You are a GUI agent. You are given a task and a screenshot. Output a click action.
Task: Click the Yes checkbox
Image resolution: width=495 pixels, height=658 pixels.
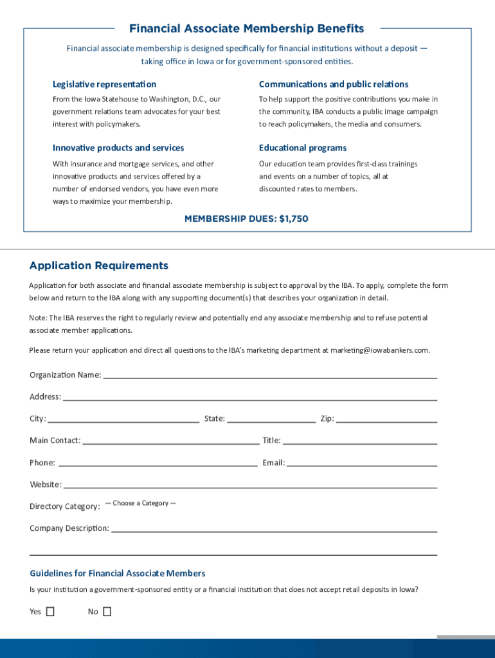50,612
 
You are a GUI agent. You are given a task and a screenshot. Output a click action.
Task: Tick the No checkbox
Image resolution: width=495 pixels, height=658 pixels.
107,612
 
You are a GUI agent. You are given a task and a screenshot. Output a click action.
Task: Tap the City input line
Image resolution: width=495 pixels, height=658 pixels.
123,418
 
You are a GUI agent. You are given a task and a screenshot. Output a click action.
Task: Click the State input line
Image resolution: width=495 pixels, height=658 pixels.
271,418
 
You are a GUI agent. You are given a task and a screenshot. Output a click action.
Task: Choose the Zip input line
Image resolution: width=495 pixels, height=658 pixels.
386,418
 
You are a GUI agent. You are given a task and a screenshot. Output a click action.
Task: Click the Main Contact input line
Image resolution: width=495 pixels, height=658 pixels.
170,440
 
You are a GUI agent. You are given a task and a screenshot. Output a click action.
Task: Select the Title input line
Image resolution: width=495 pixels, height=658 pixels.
360,440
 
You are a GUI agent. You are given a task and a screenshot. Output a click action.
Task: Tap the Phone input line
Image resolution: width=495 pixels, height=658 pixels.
157,462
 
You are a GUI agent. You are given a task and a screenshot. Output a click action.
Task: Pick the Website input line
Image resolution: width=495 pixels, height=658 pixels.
250,484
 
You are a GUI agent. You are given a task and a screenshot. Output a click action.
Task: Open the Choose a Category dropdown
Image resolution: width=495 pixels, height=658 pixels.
141,503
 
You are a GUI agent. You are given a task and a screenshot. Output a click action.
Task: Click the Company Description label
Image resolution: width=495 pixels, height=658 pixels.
69,528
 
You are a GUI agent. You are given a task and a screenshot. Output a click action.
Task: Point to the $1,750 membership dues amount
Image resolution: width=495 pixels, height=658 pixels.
294,218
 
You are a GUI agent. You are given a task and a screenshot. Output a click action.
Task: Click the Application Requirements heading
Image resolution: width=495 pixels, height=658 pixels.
99,265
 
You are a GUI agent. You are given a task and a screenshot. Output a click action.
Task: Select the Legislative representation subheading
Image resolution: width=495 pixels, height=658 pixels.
104,84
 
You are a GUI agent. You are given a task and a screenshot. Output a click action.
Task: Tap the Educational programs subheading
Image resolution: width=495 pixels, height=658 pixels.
303,148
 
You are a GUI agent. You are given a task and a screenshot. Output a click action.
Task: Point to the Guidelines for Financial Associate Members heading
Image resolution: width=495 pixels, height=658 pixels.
118,573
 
